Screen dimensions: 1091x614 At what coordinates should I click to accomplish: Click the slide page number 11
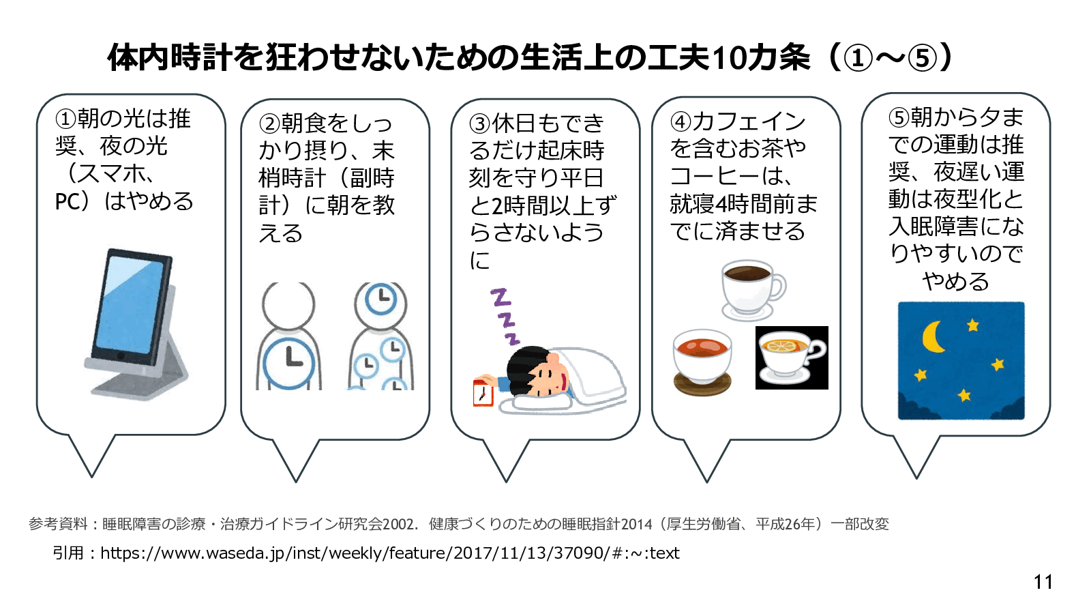[1043, 582]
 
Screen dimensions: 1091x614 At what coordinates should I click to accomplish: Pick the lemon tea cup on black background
[791, 357]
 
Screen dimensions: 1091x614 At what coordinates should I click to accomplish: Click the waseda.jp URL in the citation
[389, 553]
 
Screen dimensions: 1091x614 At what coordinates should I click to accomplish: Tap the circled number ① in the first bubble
[65, 119]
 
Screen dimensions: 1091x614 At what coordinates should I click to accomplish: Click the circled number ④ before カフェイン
[681, 122]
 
